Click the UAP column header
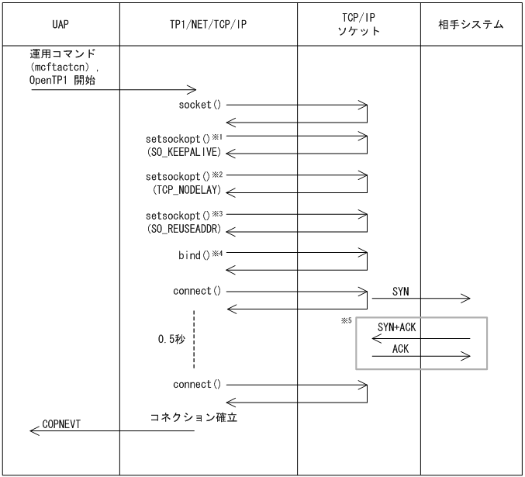[60, 25]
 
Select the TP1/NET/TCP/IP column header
[208, 25]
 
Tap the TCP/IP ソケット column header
[359, 25]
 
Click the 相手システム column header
[471, 25]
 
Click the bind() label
[194, 254]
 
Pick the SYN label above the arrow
[401, 292]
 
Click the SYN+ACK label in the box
[396, 327]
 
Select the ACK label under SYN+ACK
[400, 349]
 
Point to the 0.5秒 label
[169, 340]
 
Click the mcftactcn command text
[64, 67]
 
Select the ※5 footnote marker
[346, 320]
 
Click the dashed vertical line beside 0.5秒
[194, 340]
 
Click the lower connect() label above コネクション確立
[197, 384]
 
